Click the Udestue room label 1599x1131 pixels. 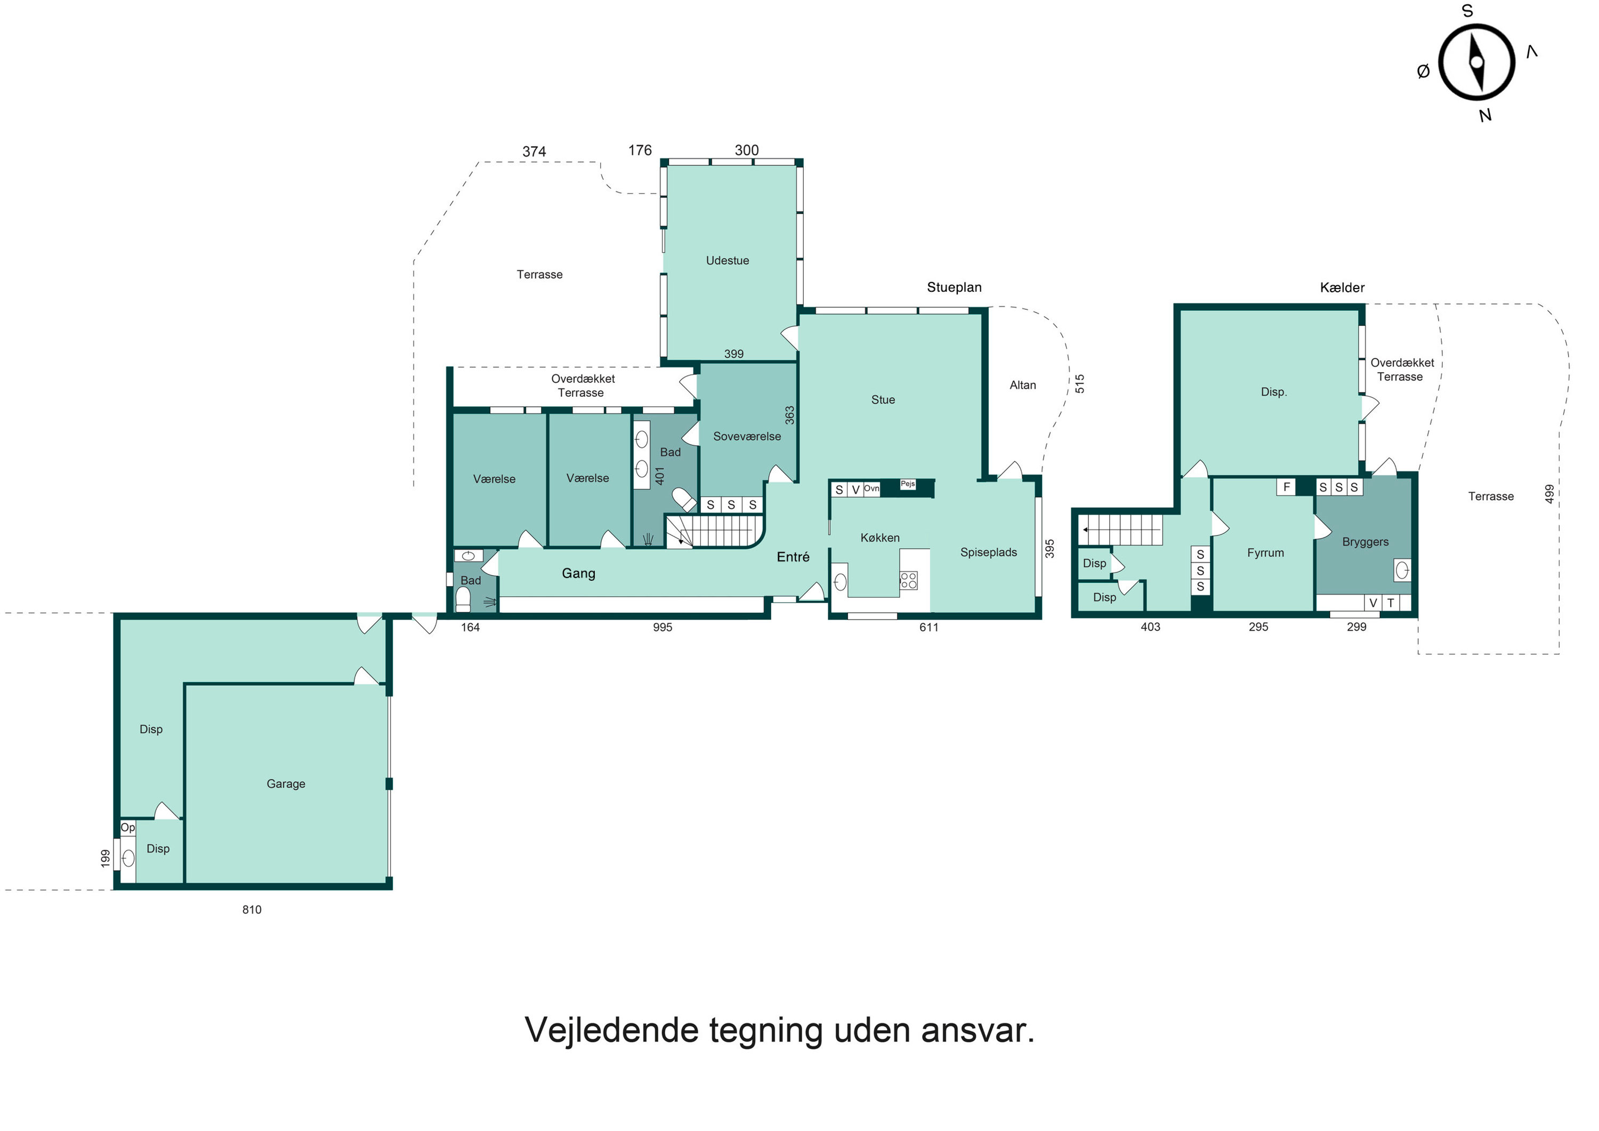coord(727,261)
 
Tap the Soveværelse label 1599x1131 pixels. coord(747,436)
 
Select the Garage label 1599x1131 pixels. coord(286,783)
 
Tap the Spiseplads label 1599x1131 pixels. coord(988,552)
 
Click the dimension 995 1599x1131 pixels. coord(663,627)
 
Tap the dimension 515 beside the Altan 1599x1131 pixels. coord(1079,383)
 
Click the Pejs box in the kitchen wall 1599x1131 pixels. coord(908,484)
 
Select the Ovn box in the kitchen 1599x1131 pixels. coord(871,488)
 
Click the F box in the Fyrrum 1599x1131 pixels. coord(1286,487)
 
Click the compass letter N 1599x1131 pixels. coord(1485,116)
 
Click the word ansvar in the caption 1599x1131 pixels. coord(977,1031)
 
